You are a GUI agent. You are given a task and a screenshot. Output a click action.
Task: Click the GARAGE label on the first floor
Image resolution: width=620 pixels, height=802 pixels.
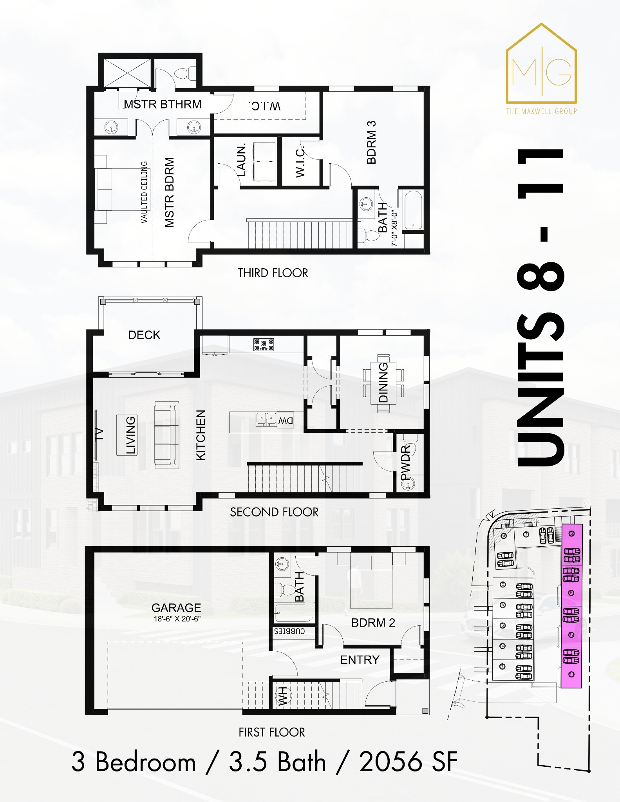click(176, 607)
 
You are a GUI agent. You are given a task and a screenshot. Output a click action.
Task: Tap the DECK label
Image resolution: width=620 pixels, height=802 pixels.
click(144, 335)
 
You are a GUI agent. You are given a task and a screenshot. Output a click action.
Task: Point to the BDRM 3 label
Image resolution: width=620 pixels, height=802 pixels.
click(371, 142)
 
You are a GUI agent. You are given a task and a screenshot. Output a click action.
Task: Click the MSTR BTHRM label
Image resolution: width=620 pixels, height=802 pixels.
click(163, 104)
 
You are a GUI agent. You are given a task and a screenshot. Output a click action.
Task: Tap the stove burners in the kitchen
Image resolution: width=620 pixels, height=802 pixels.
click(264, 344)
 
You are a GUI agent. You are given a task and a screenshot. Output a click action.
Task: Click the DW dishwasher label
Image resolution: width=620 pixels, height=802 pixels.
click(286, 421)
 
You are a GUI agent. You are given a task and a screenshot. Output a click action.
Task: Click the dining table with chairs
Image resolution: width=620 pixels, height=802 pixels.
click(383, 383)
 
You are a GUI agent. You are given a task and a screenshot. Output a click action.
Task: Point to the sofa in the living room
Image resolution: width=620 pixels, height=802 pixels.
click(166, 434)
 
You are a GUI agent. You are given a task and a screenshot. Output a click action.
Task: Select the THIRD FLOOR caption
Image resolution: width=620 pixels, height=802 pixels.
click(273, 273)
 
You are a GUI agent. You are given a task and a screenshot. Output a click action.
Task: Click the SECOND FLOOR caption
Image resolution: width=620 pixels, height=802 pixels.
click(274, 512)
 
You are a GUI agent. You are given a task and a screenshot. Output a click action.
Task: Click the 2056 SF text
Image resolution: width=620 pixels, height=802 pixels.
click(408, 762)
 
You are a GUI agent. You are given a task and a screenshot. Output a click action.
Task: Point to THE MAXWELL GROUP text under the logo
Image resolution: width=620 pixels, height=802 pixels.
click(541, 111)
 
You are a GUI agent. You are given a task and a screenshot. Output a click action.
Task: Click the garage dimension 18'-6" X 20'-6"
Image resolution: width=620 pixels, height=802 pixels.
click(177, 619)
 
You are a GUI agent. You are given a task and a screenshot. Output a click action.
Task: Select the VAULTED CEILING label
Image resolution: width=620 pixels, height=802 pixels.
click(144, 192)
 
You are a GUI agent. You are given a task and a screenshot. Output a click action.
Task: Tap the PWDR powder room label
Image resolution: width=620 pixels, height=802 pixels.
click(405, 462)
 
